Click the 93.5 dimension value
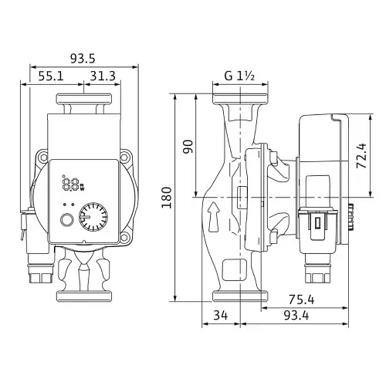coord(83,59)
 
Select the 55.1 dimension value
coord(51,76)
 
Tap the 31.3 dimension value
coord(103,76)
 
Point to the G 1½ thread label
coord(239,76)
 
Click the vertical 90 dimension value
coord(188,147)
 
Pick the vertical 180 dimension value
coord(167,198)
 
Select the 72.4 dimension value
coord(361,156)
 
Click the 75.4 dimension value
coord(301,300)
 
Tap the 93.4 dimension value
coord(296,315)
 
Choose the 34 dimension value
coord(221,315)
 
